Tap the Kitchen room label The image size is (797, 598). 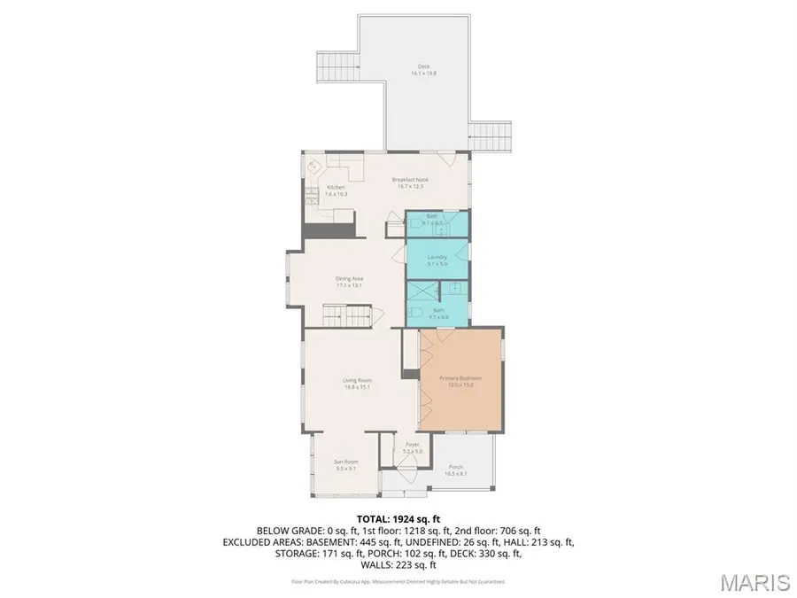pos(337,190)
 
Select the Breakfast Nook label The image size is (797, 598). pos(410,183)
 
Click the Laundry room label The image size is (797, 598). pos(437,260)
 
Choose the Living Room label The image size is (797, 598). pos(357,384)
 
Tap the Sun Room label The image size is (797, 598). pos(345,465)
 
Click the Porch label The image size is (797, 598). pos(455,470)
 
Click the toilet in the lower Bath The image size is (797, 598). pos(452,288)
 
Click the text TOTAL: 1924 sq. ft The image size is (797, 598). pos(398,519)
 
